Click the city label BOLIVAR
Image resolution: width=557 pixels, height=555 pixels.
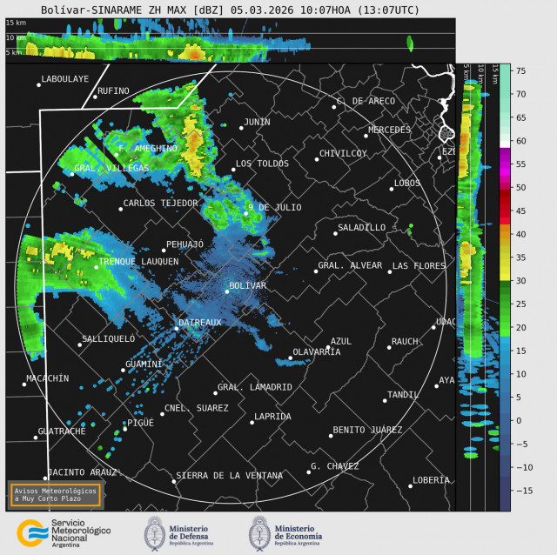247,285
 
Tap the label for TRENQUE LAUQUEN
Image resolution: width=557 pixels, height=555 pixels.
138,261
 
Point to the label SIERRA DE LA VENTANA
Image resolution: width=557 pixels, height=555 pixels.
229,476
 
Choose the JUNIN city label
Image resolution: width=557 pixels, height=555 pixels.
257,122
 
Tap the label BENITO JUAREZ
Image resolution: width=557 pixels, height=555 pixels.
367,430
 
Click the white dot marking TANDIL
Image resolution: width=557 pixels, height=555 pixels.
385,400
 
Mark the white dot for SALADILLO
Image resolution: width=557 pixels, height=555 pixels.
336,233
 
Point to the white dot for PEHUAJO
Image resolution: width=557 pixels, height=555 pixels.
164,251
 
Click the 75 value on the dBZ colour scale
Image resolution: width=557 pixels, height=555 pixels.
522,70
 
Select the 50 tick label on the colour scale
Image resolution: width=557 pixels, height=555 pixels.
522,187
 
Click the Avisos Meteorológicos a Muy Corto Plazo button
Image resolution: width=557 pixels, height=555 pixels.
56,494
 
